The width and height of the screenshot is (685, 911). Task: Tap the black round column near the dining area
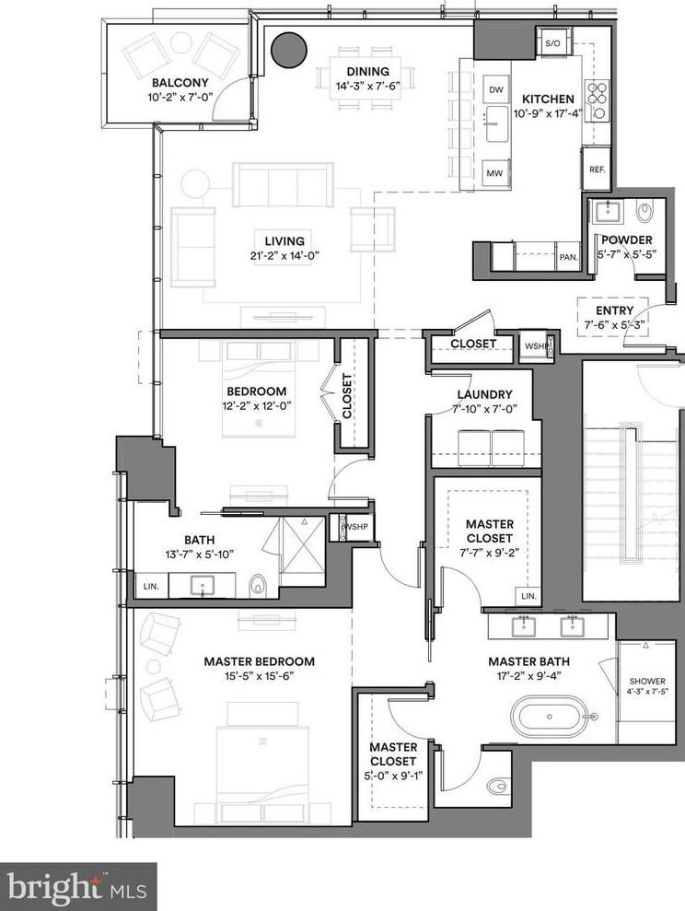(x=286, y=50)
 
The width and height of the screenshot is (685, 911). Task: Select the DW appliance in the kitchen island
(x=496, y=89)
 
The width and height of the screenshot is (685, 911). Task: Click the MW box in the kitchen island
(x=496, y=172)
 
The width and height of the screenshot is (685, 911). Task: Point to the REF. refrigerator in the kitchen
(x=596, y=170)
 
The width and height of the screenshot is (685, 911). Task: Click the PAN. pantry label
(x=568, y=258)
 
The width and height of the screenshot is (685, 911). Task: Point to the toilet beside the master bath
(x=497, y=786)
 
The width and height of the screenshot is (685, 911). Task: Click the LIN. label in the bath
(x=149, y=585)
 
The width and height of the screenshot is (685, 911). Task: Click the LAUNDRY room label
(x=484, y=394)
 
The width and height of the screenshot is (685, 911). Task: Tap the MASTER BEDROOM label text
(x=260, y=661)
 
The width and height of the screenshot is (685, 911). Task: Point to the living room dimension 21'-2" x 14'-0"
(x=282, y=255)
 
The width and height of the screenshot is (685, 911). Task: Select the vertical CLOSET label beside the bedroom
(x=347, y=396)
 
